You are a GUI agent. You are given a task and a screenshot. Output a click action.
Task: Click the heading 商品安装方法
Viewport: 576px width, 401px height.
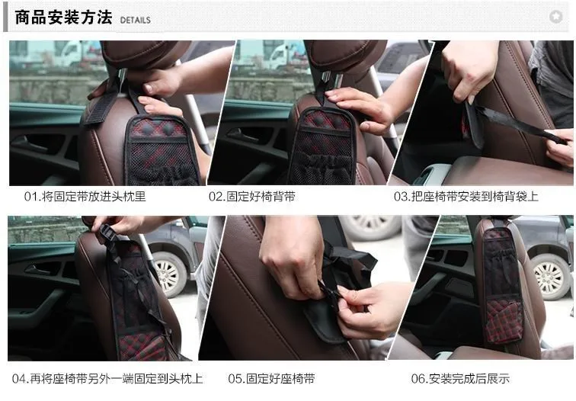63,18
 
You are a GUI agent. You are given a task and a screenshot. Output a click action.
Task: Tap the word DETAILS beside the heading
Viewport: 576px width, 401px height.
135,21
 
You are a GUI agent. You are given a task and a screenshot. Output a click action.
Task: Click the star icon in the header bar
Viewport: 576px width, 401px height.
555,17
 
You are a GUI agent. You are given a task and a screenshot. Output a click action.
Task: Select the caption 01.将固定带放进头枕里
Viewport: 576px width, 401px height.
85,196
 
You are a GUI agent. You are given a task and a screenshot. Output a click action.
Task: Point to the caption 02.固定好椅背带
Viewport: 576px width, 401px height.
252,196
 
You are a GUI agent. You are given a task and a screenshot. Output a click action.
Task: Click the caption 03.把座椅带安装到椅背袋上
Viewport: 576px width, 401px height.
466,196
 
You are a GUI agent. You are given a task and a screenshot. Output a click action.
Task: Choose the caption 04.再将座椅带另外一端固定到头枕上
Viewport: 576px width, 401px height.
107,379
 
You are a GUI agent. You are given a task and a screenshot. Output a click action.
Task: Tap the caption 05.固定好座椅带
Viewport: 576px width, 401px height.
271,379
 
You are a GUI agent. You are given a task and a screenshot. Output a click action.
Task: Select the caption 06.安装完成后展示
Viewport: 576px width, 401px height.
460,379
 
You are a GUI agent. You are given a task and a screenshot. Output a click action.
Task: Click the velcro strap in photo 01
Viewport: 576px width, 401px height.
98,105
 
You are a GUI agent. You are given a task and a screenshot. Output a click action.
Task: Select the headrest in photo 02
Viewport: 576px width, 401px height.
345,56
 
